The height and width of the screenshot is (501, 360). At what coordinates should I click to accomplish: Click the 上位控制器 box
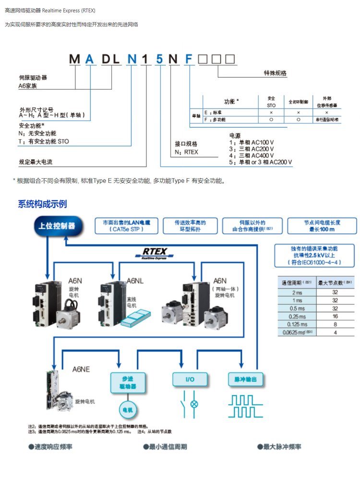[x=57, y=225]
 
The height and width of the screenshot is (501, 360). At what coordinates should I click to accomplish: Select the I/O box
[x=190, y=379]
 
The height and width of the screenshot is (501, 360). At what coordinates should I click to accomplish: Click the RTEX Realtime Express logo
[x=154, y=253]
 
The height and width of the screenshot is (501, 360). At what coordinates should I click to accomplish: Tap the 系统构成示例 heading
[x=42, y=204]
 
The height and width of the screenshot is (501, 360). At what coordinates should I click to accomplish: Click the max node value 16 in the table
[x=335, y=317]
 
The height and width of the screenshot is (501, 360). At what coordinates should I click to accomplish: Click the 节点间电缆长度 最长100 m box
[x=322, y=226]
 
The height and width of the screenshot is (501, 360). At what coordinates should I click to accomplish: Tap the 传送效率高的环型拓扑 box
[x=190, y=226]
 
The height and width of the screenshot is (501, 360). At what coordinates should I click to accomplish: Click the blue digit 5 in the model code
[x=159, y=60]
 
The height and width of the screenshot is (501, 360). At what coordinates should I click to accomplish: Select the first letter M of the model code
[x=75, y=60]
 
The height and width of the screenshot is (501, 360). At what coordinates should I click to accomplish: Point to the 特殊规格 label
[x=275, y=73]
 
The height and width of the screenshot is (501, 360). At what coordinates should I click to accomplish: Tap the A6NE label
[x=81, y=369]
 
